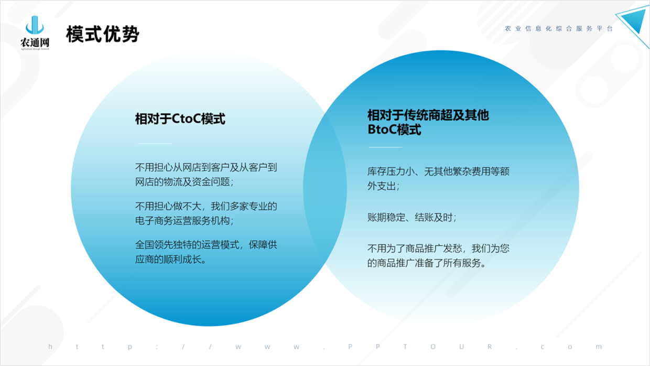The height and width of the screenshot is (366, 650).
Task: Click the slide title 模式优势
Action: (x=103, y=34)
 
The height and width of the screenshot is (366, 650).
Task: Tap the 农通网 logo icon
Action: (x=35, y=25)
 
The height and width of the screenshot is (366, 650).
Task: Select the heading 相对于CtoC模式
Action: (x=180, y=119)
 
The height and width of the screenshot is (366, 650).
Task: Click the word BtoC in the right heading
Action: (x=382, y=130)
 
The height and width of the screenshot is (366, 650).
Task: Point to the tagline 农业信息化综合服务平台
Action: (x=559, y=29)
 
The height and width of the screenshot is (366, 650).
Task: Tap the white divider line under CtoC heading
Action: (x=154, y=143)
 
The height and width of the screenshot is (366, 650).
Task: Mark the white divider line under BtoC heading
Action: (x=385, y=147)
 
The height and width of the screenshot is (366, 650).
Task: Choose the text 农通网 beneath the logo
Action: (x=35, y=42)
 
